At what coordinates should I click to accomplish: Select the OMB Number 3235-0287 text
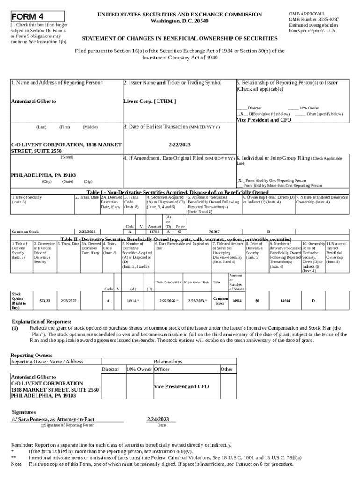click(314, 19)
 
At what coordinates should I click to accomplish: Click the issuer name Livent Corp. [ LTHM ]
click(150, 101)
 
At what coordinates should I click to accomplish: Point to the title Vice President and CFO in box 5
click(264, 120)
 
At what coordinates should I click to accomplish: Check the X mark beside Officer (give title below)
click(242, 114)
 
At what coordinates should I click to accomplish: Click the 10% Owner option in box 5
click(309, 108)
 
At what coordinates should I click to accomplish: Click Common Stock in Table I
click(25, 232)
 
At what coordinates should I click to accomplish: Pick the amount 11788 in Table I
click(154, 232)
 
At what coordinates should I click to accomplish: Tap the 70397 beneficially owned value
click(214, 232)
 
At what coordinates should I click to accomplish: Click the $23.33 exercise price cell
click(45, 301)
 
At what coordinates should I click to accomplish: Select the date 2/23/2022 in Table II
click(69, 301)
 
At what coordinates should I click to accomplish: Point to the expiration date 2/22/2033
click(195, 301)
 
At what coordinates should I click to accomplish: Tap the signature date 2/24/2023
click(158, 419)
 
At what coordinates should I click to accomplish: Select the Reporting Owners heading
click(31, 355)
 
